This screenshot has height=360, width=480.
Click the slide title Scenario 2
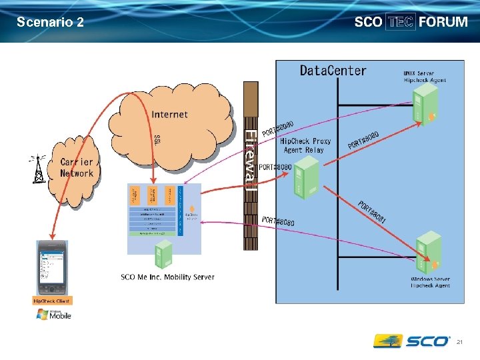(x=51, y=22)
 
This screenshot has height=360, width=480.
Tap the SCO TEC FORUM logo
(x=411, y=21)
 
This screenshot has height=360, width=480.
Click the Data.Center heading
(x=333, y=70)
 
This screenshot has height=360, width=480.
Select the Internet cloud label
(x=170, y=114)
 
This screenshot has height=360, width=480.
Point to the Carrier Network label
(x=77, y=168)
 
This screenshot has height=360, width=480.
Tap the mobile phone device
(x=52, y=268)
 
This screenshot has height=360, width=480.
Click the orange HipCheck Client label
(x=52, y=301)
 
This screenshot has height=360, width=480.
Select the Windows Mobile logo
(x=55, y=315)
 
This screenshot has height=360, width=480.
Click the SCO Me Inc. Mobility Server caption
(x=167, y=277)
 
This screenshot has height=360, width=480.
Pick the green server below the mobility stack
(x=163, y=254)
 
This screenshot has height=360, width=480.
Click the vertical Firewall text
(x=250, y=161)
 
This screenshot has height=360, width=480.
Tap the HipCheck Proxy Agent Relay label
(x=305, y=145)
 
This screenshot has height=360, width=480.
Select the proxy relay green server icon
(x=301, y=181)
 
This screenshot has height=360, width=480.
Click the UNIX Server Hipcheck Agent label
(x=425, y=76)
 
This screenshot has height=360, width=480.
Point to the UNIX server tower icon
(x=425, y=107)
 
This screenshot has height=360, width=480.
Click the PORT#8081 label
(x=372, y=212)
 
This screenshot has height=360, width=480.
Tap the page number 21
(x=460, y=342)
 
